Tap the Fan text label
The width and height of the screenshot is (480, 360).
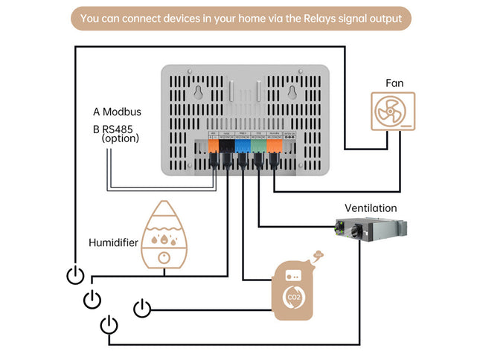(x=394, y=83)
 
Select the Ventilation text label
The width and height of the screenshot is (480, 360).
(x=371, y=208)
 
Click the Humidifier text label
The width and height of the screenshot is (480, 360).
(x=112, y=242)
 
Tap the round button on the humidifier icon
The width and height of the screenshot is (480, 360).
(x=163, y=257)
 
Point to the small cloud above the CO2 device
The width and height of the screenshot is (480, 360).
(x=318, y=254)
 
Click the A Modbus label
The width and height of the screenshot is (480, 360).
(x=117, y=112)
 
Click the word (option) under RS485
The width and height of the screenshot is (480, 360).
(x=121, y=138)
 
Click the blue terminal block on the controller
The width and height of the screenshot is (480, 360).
(x=243, y=147)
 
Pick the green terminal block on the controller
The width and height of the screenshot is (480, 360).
(x=257, y=147)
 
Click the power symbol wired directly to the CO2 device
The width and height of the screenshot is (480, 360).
(x=142, y=307)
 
